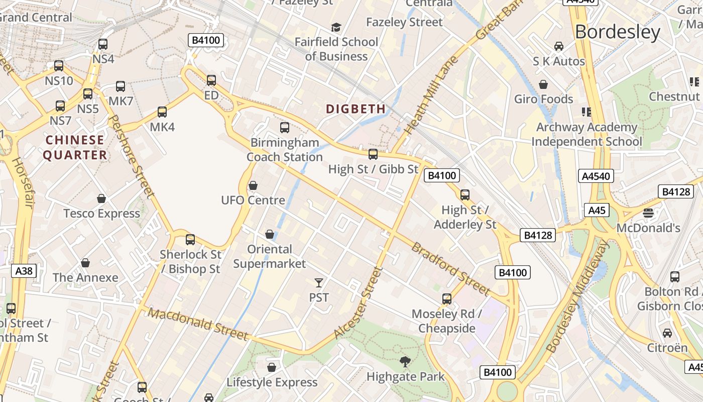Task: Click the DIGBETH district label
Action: pyautogui.click(x=356, y=109)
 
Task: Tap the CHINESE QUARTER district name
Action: pyautogui.click(x=75, y=147)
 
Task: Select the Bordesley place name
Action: pyautogui.click(x=617, y=32)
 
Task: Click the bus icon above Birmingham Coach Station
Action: pyautogui.click(x=285, y=128)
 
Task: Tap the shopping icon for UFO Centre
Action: pyautogui.click(x=253, y=185)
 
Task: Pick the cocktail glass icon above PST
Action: pyautogui.click(x=319, y=282)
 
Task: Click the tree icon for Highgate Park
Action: pyautogui.click(x=405, y=361)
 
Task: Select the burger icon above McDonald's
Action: pyautogui.click(x=648, y=213)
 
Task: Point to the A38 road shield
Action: pyautogui.click(x=24, y=271)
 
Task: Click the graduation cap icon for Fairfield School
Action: pyautogui.click(x=336, y=27)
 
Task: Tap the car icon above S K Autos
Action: pyautogui.click(x=558, y=46)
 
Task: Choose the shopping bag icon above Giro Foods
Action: pyautogui.click(x=543, y=84)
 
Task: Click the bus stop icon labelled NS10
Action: pyautogui.click(x=59, y=66)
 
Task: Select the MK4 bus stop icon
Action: pyautogui.click(x=162, y=112)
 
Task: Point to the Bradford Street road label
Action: pyautogui.click(x=450, y=269)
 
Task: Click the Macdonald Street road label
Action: pyautogui.click(x=198, y=324)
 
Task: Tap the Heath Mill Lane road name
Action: pyautogui.click(x=431, y=95)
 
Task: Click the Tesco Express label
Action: pyautogui.click(x=101, y=214)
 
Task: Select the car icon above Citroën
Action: pyautogui.click(x=667, y=333)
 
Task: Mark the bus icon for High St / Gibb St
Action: pyautogui.click(x=373, y=154)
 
